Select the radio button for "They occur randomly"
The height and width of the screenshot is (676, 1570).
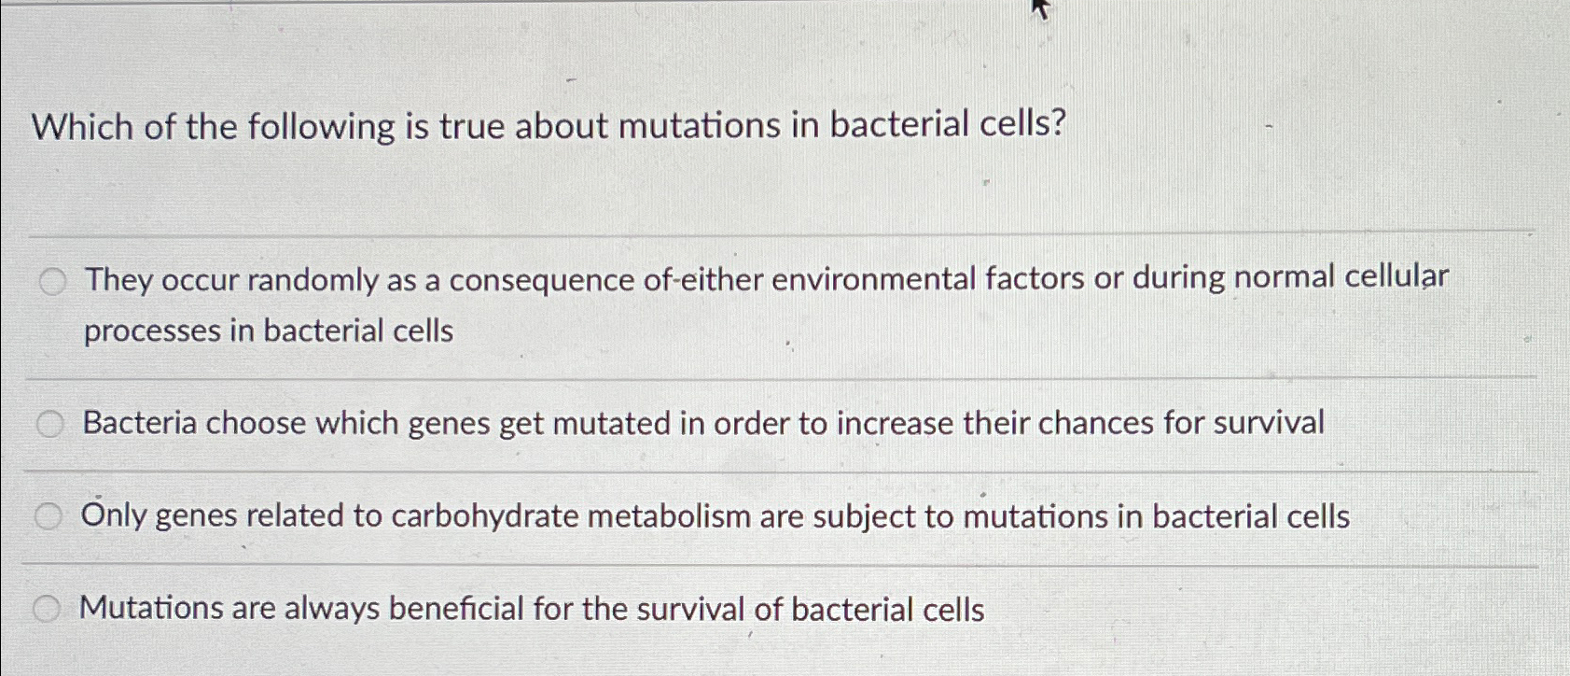click(53, 281)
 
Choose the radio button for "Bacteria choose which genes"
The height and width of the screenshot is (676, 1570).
click(50, 425)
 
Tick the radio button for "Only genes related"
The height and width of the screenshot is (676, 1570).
click(49, 516)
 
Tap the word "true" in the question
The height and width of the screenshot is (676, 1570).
click(472, 126)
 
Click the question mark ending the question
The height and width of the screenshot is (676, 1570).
click(1057, 123)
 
